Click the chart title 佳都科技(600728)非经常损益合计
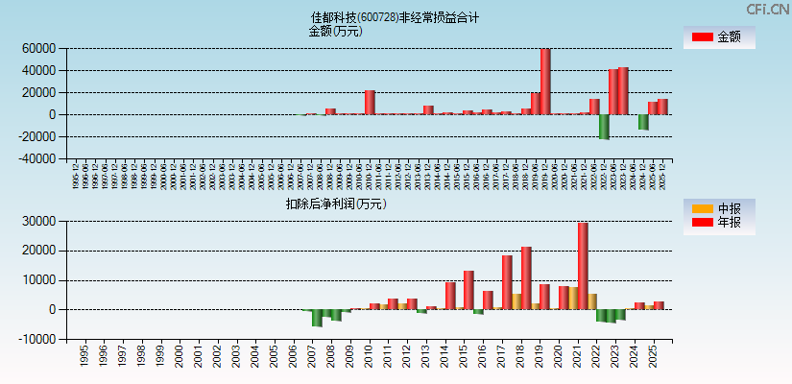[x=396, y=17]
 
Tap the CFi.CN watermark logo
[x=767, y=9]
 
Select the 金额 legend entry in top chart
[x=718, y=37]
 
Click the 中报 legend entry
[x=718, y=208]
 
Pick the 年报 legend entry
[x=718, y=223]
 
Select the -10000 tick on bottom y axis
[x=36, y=340]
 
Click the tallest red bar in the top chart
[x=545, y=82]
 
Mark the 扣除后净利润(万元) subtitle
[x=335, y=204]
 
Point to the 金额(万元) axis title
[x=335, y=31]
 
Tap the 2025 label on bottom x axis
[x=654, y=357]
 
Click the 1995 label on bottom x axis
[x=85, y=357]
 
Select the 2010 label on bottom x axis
[x=370, y=357]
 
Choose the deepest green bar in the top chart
[x=604, y=127]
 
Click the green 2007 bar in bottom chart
[x=318, y=318]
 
